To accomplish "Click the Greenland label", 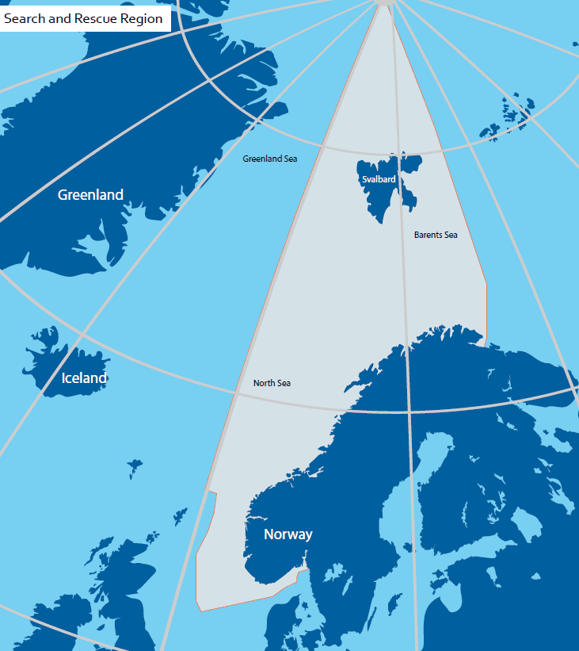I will point(90,195).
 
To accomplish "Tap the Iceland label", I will point(84,378).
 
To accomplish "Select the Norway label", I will point(288,534).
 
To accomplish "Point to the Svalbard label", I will point(379,180).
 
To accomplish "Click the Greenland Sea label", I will point(270,159).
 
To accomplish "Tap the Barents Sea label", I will point(436,235).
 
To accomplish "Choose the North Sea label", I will point(272,383).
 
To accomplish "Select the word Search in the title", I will point(24,18).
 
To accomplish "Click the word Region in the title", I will point(141,18).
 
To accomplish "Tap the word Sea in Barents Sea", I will point(451,235).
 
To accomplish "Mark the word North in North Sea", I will point(265,383).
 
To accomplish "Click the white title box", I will point(86,18).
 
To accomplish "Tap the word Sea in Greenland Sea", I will point(291,159).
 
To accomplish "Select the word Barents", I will point(428,235).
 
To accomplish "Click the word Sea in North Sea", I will point(284,383).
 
